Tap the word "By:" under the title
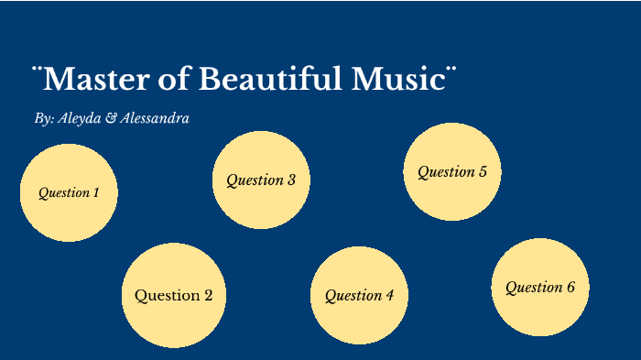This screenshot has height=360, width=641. (42, 119)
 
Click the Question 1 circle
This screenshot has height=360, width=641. (69, 192)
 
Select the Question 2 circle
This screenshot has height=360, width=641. (174, 295)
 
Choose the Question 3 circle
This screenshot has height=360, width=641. (261, 180)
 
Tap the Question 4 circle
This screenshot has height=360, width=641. (359, 295)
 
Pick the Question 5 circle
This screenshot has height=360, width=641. (452, 171)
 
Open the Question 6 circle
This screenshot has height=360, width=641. (540, 287)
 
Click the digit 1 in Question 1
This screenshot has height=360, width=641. (96, 193)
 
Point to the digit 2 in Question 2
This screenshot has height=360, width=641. (208, 296)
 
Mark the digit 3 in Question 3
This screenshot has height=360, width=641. (291, 180)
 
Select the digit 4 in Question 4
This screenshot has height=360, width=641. (389, 296)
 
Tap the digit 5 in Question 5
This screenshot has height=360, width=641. (483, 172)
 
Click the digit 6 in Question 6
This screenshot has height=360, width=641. (570, 288)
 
